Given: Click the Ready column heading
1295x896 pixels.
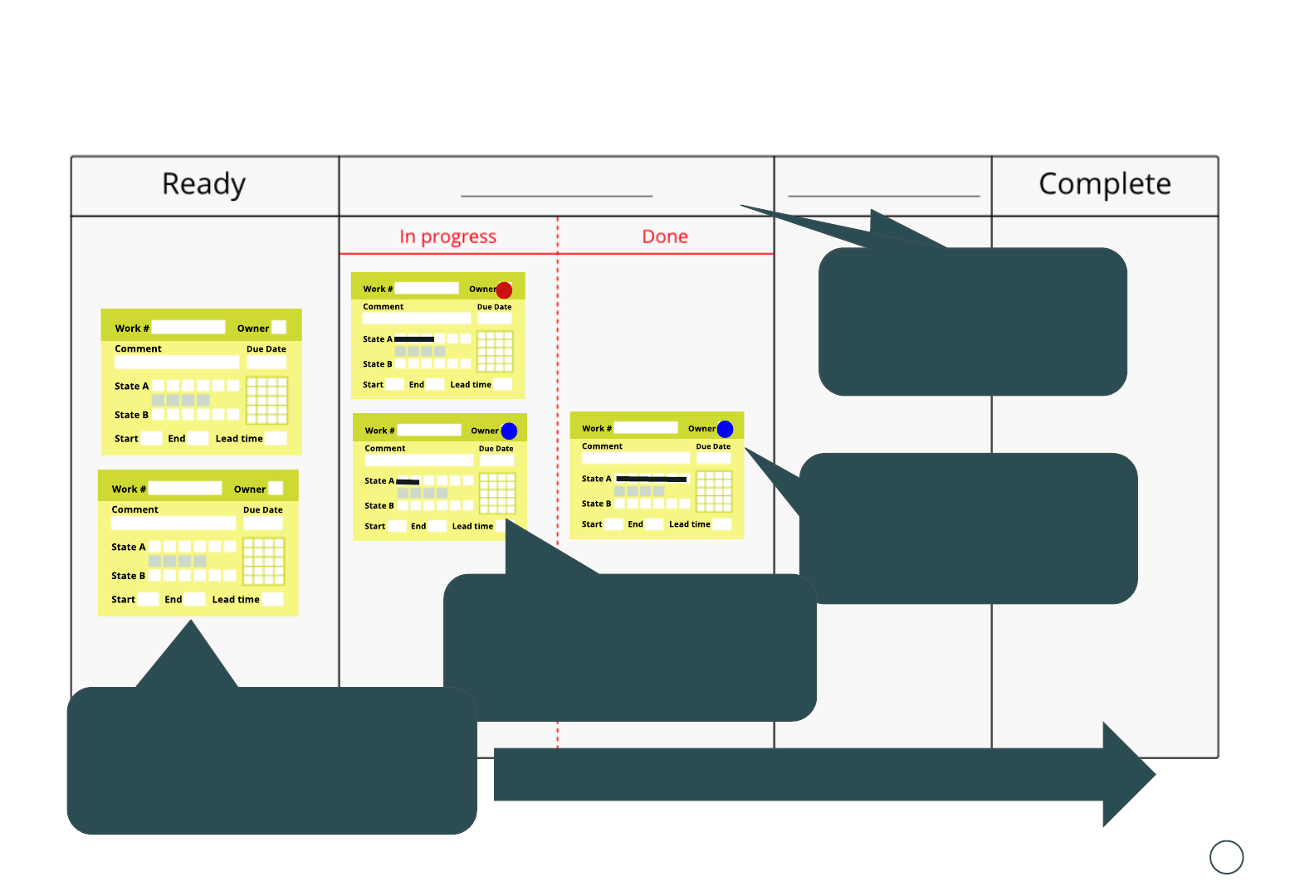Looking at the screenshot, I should point(203,184).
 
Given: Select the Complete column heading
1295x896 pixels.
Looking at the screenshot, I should point(1104,184).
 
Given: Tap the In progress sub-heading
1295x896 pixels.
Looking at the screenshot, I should point(447,237).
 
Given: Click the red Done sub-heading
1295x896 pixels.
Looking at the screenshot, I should point(665,237).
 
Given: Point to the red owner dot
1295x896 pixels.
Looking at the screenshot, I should point(504,290).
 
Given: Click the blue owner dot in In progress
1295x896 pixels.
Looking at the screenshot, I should point(509,431).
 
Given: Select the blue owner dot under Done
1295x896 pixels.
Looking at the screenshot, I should point(725,429).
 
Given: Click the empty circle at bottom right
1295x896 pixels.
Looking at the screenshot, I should point(1226,857).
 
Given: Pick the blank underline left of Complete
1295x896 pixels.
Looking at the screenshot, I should point(883,196).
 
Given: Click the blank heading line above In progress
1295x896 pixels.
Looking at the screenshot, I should point(556,196).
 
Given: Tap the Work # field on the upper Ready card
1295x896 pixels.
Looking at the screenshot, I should point(188,328).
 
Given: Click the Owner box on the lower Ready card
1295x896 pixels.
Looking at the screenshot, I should point(276,489).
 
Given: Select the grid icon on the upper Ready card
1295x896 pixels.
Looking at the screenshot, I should point(266,400).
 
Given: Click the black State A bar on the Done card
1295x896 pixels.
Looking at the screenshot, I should point(652,480).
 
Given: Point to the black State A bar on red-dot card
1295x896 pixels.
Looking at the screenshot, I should point(414,339).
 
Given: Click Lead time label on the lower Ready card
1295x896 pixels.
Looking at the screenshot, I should point(236,600).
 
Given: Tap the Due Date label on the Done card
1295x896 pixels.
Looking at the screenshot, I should point(713,446).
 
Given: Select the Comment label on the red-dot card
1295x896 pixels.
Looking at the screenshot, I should point(383,307).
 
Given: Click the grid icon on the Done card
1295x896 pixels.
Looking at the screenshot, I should point(714,491).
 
